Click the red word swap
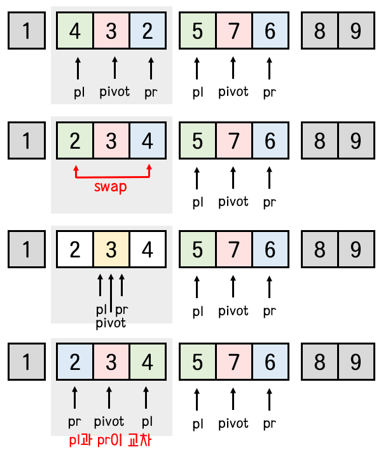(x=111, y=187)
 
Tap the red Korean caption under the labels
(x=111, y=440)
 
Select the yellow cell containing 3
(x=111, y=250)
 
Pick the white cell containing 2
(x=75, y=250)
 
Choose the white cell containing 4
(x=148, y=250)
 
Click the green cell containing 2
(x=75, y=140)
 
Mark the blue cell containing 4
(x=148, y=140)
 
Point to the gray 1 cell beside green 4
(x=26, y=30)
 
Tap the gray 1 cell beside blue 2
(x=26, y=362)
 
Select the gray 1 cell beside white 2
(x=26, y=250)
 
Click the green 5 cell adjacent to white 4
(x=197, y=250)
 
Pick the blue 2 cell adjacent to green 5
(x=148, y=30)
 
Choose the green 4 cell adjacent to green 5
(x=148, y=362)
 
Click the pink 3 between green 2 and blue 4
(x=111, y=140)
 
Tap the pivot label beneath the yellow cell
(x=111, y=323)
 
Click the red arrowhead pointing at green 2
(x=76, y=169)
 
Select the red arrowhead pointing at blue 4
(x=150, y=169)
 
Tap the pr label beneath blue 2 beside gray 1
(x=75, y=421)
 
